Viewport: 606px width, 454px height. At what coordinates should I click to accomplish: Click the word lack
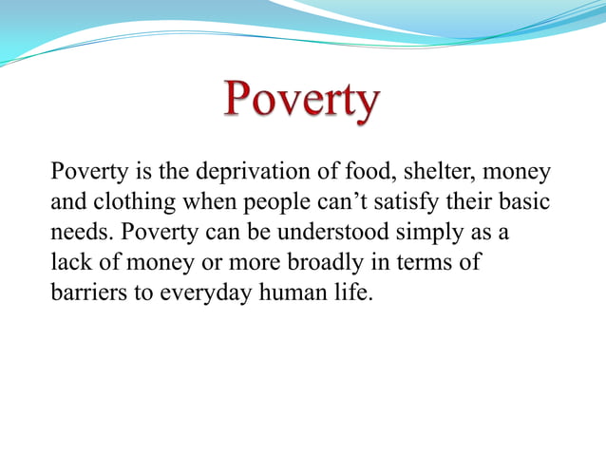(x=68, y=262)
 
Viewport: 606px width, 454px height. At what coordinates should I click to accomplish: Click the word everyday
(x=202, y=293)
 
